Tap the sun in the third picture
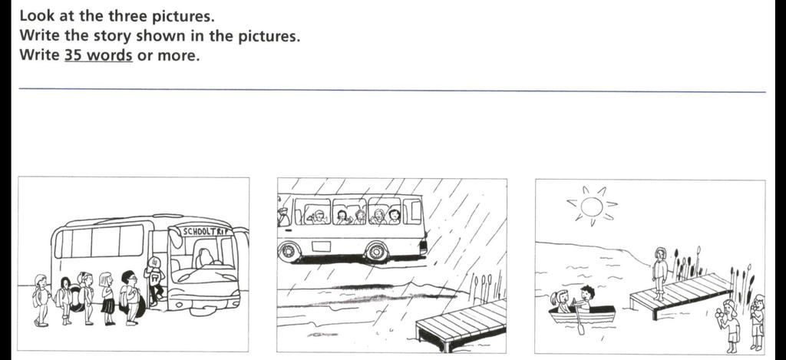[x=591, y=206]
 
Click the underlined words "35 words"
[x=98, y=56]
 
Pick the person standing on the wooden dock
[x=659, y=272]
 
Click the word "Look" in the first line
[x=36, y=15]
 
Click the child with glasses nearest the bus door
[x=130, y=296]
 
